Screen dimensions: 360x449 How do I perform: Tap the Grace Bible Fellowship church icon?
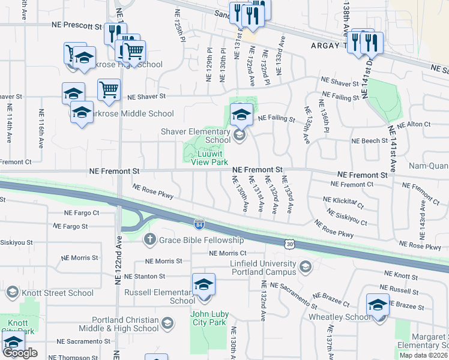pos(150,240)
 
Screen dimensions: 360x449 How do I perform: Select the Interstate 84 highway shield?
pos(198,224)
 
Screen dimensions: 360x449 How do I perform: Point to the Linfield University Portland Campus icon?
pos(306,266)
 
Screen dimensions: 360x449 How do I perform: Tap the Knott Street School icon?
pos(12,293)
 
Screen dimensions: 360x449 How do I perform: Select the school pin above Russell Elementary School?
pos(203,284)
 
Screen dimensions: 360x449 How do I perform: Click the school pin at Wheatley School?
pos(378,305)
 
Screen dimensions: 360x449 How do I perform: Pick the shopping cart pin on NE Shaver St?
pos(109,91)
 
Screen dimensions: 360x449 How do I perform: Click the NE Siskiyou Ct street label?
pos(347,217)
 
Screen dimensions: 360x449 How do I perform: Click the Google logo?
pos(20,353)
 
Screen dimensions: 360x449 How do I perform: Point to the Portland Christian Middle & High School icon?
pos(167,324)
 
